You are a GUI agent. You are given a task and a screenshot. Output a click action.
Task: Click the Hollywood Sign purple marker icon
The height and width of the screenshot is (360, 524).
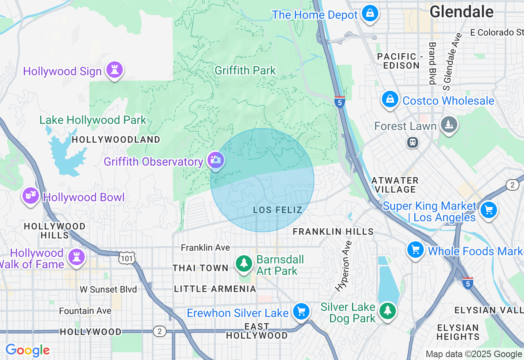(x=114, y=70)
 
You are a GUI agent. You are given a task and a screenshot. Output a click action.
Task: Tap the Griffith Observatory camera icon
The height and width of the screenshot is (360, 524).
(x=215, y=160)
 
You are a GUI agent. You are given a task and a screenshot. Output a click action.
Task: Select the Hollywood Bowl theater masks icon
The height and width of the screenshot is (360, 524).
(x=31, y=196)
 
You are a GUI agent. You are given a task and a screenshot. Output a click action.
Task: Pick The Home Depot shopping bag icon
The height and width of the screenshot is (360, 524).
(x=370, y=14)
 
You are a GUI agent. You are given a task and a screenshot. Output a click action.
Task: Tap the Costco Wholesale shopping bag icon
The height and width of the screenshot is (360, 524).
(x=390, y=99)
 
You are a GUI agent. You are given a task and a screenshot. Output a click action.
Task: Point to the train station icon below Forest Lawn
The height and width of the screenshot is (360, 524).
(x=413, y=142)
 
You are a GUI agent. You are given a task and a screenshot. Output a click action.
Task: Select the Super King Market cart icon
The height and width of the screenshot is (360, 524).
(x=488, y=210)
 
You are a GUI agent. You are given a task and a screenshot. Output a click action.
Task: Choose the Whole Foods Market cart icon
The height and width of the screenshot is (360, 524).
(x=416, y=249)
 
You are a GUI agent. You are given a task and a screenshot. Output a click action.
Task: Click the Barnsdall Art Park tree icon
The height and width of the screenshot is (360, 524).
(x=244, y=263)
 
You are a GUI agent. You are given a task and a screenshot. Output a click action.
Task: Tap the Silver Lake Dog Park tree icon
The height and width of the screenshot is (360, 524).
(x=387, y=311)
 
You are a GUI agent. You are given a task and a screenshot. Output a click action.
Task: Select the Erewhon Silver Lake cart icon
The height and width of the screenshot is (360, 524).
(x=301, y=312)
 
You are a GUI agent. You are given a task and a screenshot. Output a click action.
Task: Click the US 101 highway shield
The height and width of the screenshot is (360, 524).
(x=126, y=258)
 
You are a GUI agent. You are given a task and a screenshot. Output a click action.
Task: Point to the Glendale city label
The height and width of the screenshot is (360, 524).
(x=461, y=11)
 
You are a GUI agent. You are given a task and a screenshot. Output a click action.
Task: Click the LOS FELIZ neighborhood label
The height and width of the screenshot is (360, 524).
(x=278, y=210)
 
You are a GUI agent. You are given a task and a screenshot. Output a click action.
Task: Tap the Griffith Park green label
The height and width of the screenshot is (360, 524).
(x=245, y=70)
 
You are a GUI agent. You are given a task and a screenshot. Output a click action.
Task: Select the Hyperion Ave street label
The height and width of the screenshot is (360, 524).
(x=343, y=266)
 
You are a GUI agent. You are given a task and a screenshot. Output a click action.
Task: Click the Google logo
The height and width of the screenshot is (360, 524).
(x=27, y=350)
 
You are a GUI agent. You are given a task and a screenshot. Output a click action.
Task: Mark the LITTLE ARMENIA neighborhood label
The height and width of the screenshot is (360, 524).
(x=215, y=289)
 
